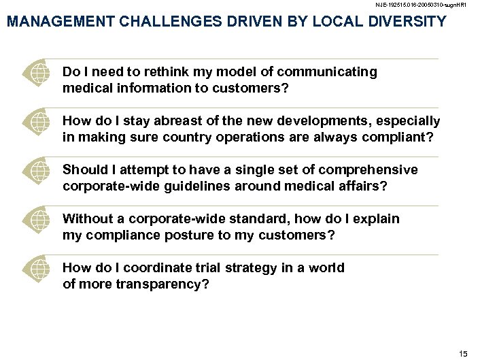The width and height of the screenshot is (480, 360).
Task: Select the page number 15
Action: tap(464, 353)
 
